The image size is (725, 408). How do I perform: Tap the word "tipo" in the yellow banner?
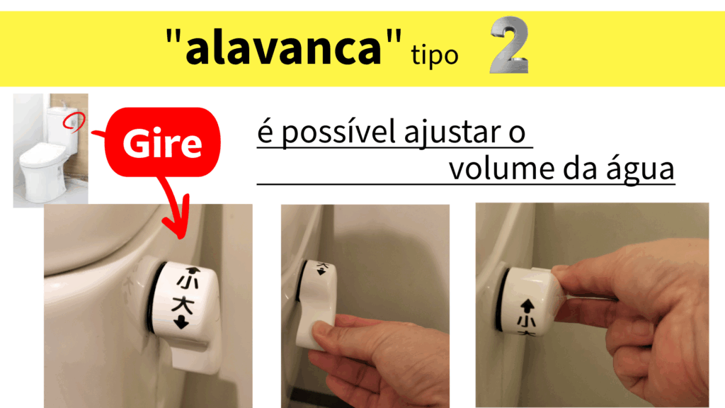click(435, 56)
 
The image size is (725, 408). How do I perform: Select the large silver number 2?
click(509, 45)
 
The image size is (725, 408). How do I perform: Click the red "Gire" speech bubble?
click(162, 142)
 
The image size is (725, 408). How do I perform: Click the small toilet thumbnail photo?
click(50, 150)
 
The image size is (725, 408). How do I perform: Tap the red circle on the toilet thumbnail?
click(74, 121)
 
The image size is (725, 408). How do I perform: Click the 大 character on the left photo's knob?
click(183, 305)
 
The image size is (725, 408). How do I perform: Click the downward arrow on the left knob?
click(181, 322)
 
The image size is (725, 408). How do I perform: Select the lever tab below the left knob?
click(193, 355)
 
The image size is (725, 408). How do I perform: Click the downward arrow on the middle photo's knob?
click(321, 272)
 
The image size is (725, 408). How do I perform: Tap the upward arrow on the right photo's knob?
click(527, 306)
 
